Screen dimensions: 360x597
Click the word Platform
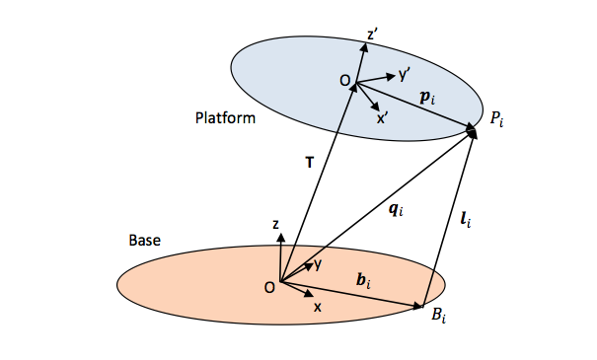[x=225, y=118]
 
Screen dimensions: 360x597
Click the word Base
[x=145, y=240]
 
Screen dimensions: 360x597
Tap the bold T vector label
[x=309, y=164]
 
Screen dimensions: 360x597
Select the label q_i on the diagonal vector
[x=395, y=208]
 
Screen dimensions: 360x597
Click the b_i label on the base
[x=364, y=283]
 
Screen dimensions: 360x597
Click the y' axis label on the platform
[x=405, y=75]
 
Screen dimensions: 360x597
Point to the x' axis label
[x=382, y=117]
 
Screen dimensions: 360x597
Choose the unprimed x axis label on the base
[x=318, y=308]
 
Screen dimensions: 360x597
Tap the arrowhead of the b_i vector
[x=421, y=307]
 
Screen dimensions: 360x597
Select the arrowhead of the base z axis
[x=282, y=237]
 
